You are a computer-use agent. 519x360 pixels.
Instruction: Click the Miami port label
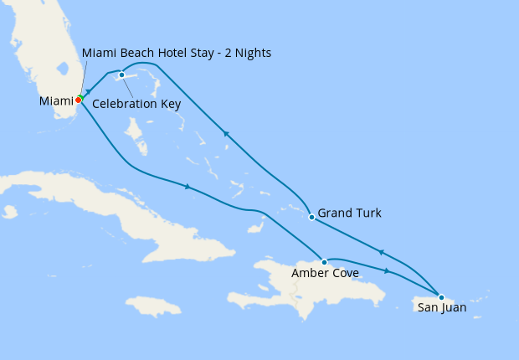[x=56, y=101]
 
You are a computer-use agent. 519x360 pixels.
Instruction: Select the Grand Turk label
[x=349, y=213]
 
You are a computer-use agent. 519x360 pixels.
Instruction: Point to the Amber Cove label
[x=325, y=274]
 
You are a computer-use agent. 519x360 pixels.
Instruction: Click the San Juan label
[x=442, y=308]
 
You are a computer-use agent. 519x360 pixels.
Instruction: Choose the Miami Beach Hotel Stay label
[x=177, y=54]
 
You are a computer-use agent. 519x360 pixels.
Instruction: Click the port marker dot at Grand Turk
[x=311, y=217]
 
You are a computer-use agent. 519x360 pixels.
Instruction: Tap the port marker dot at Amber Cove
[x=324, y=262]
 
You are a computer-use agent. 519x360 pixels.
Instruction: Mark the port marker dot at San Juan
[x=441, y=296]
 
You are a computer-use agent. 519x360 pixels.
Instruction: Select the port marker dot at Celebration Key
[x=122, y=75]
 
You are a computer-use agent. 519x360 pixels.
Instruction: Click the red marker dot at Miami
[x=78, y=100]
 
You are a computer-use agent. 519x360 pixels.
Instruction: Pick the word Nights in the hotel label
[x=251, y=54]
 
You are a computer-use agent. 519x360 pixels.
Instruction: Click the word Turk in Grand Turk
[x=367, y=213]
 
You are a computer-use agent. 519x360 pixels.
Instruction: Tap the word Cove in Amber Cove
[x=345, y=274]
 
